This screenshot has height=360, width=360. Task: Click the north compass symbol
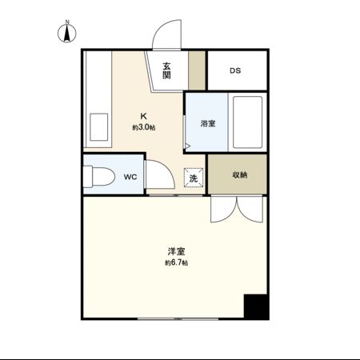pos(68,34)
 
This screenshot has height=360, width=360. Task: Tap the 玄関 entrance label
pos(166,70)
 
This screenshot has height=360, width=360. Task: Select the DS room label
pos(235,70)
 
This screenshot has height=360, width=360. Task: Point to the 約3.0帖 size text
pos(144,127)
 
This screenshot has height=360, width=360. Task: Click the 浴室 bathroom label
pos(207,123)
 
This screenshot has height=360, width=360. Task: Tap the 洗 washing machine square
pos(193,178)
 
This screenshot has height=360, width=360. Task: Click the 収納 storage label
pos(239,174)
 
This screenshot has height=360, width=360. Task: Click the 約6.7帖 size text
pos(177,263)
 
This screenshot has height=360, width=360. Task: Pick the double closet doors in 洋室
pos(236,210)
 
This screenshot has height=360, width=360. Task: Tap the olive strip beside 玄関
pos(198,70)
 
